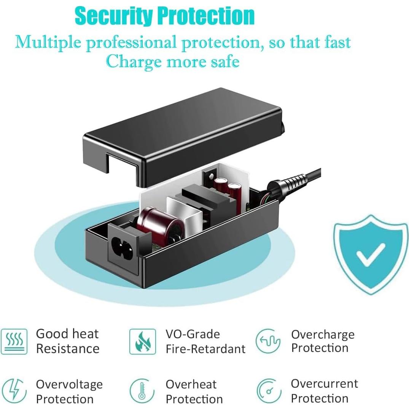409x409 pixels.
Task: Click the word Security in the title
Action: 114,16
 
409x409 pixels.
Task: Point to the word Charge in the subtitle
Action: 134,62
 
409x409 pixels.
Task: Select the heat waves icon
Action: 14,341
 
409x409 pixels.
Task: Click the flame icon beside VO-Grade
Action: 143,341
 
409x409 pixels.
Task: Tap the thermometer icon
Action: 142,391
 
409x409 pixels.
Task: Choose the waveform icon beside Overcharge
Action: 268,341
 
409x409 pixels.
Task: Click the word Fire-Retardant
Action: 205,349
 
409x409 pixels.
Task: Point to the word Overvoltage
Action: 69,385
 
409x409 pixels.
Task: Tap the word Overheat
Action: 191,385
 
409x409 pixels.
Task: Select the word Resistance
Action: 68,349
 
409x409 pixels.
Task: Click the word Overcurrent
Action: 325,384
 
